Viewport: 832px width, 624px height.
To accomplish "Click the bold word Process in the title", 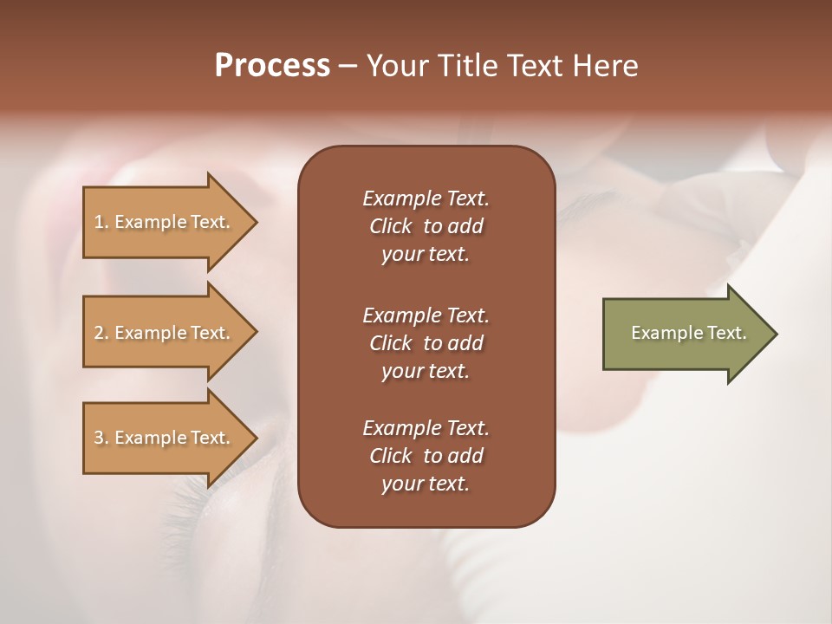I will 272,66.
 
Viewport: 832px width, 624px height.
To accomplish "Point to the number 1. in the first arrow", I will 101,222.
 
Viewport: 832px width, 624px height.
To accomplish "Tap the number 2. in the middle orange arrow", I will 101,333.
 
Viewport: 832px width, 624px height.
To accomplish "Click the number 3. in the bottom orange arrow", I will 101,438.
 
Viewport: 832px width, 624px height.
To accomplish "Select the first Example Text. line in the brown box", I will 426,198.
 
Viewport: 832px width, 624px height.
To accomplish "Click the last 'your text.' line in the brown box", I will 426,484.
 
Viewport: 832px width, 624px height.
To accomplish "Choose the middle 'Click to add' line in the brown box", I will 426,343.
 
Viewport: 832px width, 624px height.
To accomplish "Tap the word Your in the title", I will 396,66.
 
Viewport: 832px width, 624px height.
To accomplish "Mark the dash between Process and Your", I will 348,66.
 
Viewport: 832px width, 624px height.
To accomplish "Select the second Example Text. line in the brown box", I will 426,315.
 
